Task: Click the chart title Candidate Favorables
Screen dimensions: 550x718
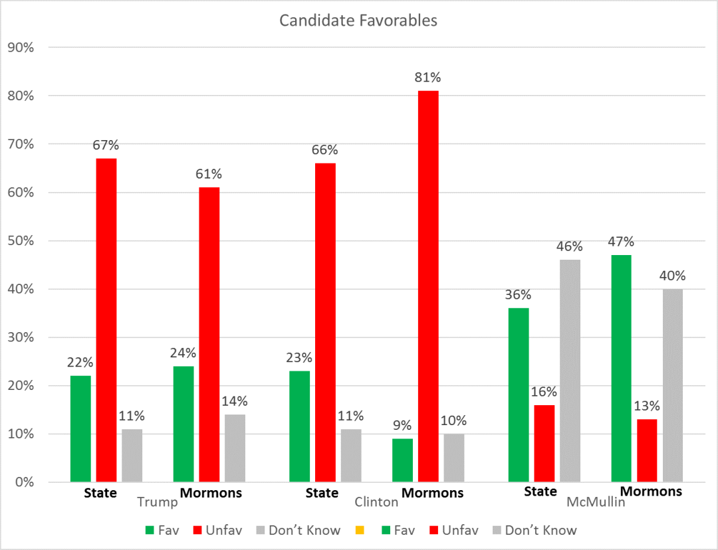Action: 358,21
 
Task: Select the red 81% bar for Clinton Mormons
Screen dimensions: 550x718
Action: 428,286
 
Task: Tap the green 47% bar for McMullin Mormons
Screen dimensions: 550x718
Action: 621,368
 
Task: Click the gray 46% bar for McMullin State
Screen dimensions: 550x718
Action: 570,371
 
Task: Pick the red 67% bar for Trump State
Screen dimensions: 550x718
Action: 106,320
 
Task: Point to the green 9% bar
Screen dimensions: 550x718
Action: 402,460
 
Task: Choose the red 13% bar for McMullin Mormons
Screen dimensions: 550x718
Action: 647,450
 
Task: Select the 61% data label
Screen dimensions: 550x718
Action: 209,174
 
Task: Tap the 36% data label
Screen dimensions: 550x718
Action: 518,294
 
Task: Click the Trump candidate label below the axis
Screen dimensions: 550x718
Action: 158,502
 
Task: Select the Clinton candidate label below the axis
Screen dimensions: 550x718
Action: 376,502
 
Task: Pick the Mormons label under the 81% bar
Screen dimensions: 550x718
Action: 433,493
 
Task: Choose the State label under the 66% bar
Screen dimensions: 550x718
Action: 322,493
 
